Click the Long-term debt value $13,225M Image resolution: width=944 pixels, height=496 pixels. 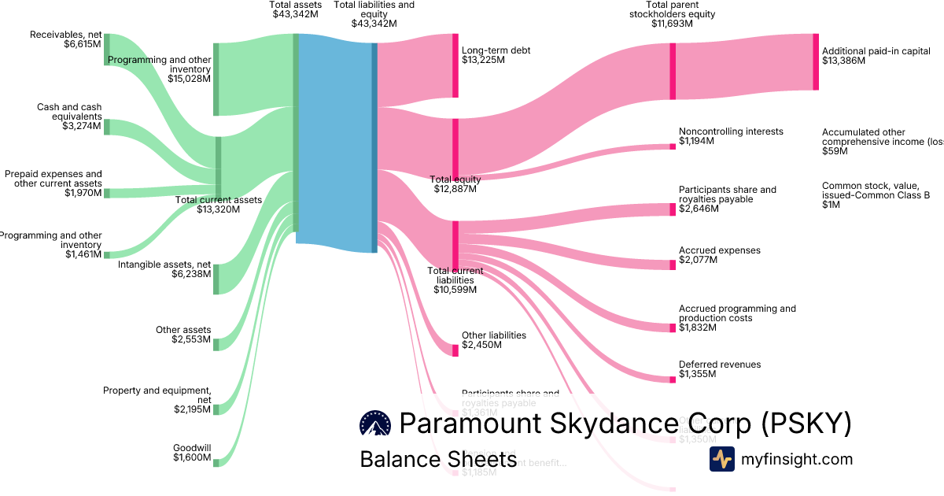pyautogui.click(x=483, y=60)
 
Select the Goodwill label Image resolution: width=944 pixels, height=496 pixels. pyautogui.click(x=192, y=448)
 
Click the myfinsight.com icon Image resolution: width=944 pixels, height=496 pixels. pyautogui.click(x=721, y=459)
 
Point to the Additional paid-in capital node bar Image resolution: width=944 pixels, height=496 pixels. pyautogui.click(x=816, y=61)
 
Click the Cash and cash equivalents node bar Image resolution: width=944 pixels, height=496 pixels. pyautogui.click(x=107, y=127)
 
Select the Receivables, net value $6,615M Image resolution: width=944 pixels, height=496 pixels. pyautogui.click(x=83, y=44)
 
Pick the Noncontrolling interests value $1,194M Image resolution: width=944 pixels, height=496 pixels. pyautogui.click(x=696, y=141)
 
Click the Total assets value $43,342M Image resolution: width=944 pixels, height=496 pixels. pyautogui.click(x=295, y=14)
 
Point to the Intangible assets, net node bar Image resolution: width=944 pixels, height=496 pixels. pyautogui.click(x=216, y=279)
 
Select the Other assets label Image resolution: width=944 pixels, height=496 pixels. pyautogui.click(x=183, y=330)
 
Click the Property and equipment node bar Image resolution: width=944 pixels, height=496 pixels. pyautogui.click(x=216, y=409)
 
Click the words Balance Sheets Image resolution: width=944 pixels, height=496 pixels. pyautogui.click(x=438, y=460)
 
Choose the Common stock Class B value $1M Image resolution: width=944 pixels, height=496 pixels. pyautogui.click(x=832, y=205)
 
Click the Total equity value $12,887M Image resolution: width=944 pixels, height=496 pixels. pyautogui.click(x=457, y=189)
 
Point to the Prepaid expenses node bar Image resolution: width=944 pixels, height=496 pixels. pyautogui.click(x=107, y=193)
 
